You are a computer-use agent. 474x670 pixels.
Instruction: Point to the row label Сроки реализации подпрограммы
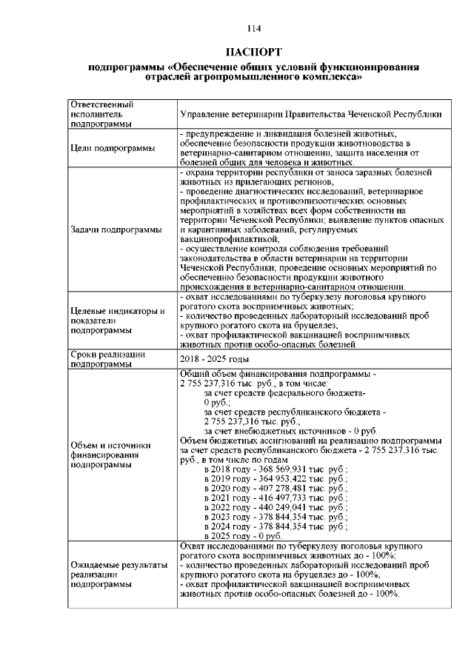(x=107, y=359)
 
